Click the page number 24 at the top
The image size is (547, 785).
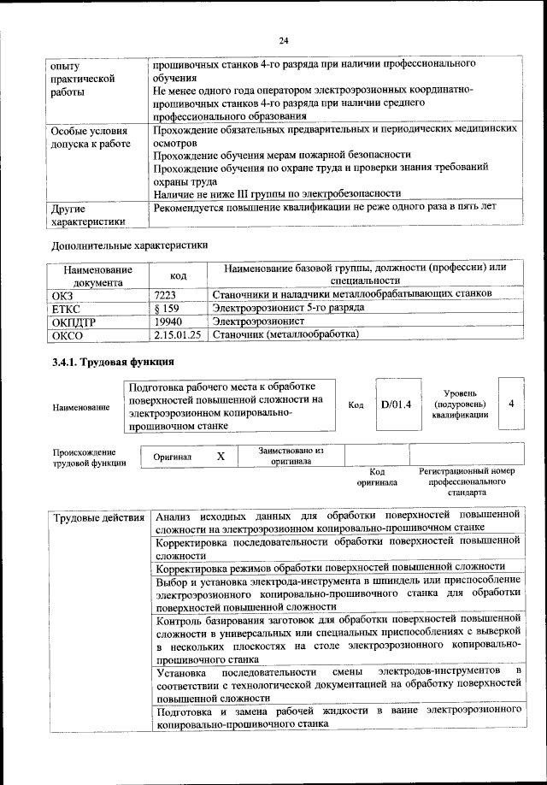click(x=284, y=40)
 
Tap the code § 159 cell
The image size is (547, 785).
click(x=166, y=307)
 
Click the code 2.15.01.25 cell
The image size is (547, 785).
click(x=178, y=334)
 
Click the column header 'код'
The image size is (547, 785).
click(x=178, y=275)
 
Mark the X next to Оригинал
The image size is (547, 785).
click(x=221, y=457)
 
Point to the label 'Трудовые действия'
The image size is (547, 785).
click(x=98, y=517)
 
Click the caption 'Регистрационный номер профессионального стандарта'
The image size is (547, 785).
click(x=467, y=482)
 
